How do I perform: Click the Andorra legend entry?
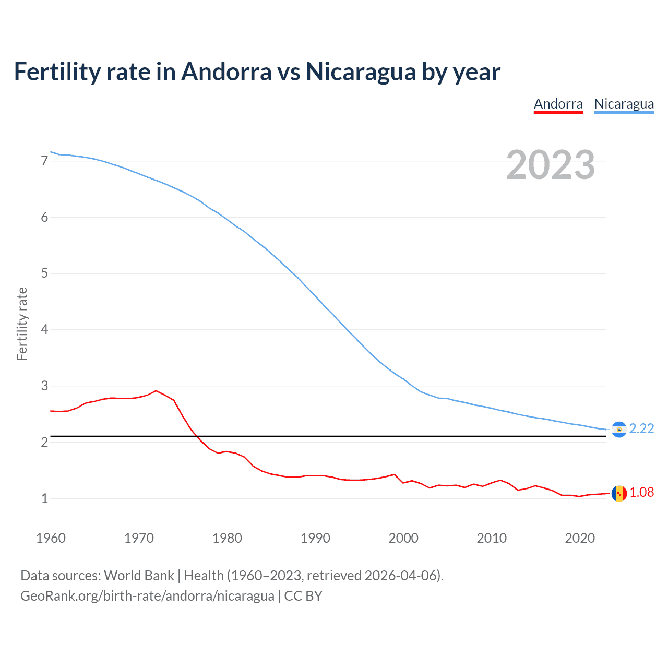(558, 104)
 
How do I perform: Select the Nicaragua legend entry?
(624, 104)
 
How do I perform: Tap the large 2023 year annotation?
(550, 165)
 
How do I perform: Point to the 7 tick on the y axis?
(44, 161)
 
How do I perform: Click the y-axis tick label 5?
(44, 273)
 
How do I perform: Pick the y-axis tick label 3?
(44, 386)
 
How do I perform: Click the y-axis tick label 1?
(44, 498)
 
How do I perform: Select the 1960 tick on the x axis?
(51, 538)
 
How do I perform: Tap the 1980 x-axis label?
(227, 538)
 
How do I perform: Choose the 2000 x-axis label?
(403, 538)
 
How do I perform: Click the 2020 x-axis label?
(580, 538)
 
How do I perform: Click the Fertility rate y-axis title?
(22, 324)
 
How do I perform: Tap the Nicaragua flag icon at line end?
(619, 429)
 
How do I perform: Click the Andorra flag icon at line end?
(619, 493)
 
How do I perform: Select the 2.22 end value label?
(641, 428)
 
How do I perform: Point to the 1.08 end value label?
(641, 492)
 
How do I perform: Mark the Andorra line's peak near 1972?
(156, 390)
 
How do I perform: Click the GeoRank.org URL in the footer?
(147, 596)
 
